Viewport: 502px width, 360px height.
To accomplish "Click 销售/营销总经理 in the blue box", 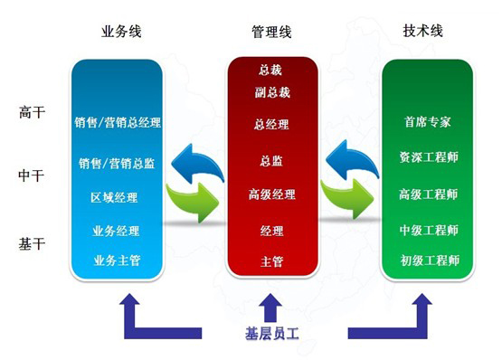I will tap(118, 120).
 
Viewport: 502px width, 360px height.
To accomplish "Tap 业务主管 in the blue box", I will tap(116, 261).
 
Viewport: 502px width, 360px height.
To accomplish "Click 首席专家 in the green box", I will tap(429, 121).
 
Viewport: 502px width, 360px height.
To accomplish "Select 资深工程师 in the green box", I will tap(429, 156).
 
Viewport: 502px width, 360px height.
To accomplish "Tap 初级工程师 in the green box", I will tap(429, 261).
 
